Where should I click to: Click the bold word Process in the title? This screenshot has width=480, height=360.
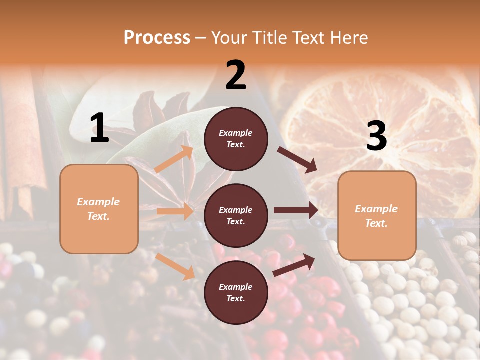coord(157,38)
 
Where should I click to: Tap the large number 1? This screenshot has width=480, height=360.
coord(99,128)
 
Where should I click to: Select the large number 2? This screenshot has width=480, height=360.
coord(236,75)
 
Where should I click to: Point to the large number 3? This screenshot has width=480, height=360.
coord(376,136)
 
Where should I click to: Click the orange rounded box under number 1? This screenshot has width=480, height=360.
coord(99,209)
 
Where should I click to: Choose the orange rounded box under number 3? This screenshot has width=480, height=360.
coord(377,215)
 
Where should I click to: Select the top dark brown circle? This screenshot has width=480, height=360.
coord(236,139)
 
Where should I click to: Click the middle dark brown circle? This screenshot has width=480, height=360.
coord(236,215)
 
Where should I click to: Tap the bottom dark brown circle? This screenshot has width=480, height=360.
coord(236,292)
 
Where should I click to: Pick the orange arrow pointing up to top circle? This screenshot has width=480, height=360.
coord(174,159)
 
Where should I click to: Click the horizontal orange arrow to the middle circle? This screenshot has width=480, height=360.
coord(175,211)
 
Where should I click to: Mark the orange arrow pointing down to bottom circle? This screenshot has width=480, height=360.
coord(175,266)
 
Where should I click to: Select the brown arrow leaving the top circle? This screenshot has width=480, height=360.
coord(297,159)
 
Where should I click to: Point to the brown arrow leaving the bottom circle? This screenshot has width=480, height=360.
coord(294,265)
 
